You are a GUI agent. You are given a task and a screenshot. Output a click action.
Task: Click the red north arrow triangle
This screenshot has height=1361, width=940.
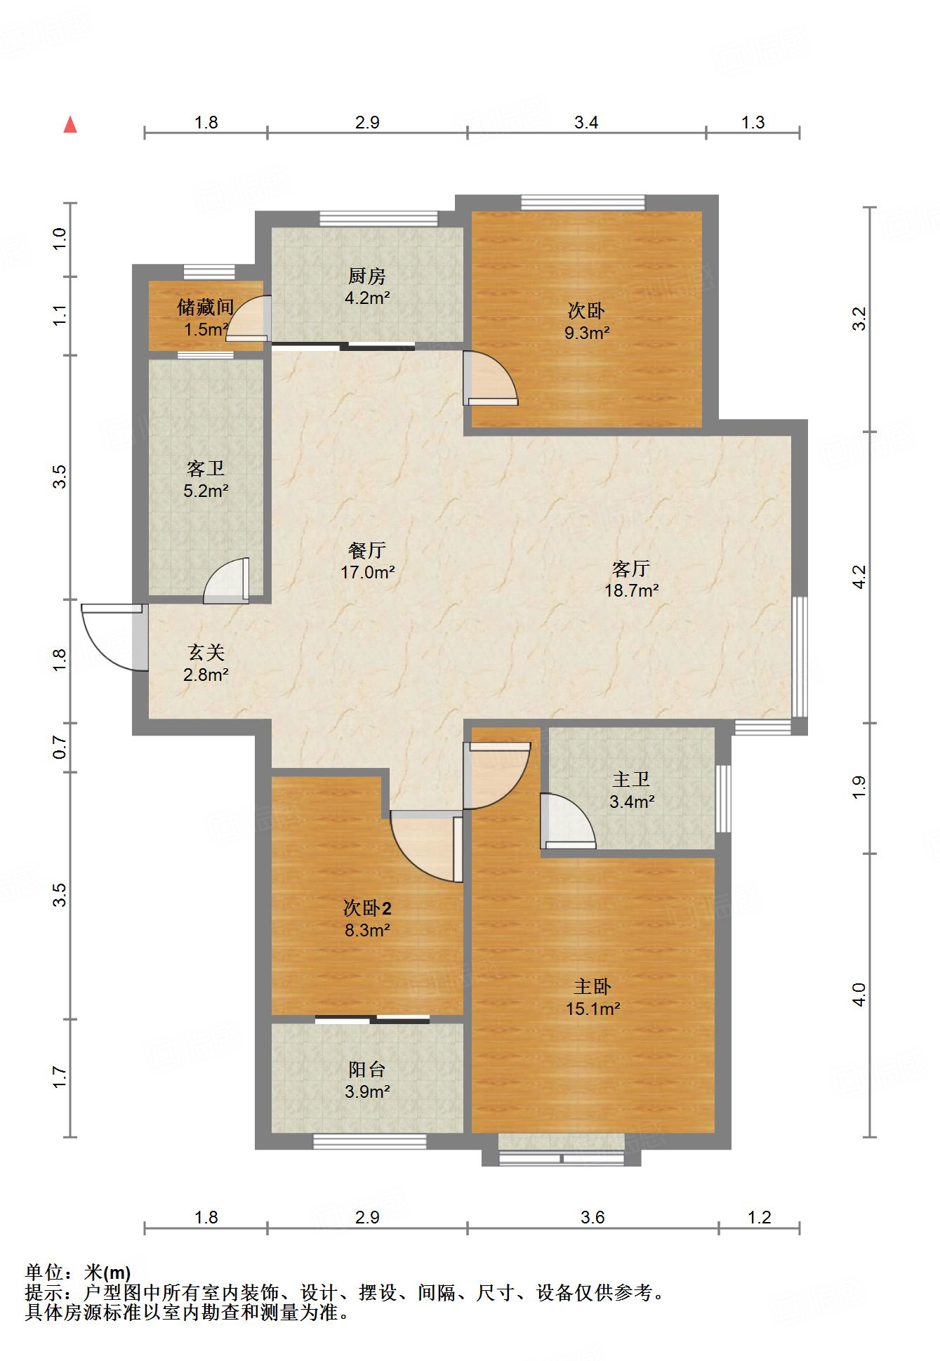[x=70, y=126]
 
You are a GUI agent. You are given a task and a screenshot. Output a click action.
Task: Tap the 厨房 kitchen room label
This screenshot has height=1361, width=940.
[x=367, y=276]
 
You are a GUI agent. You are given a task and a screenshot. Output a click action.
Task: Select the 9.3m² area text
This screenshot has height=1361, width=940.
[x=587, y=333]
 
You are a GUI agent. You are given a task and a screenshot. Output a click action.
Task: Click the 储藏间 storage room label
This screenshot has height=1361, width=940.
[x=205, y=307]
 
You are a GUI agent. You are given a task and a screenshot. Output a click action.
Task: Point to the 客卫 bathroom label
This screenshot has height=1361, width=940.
[x=205, y=468]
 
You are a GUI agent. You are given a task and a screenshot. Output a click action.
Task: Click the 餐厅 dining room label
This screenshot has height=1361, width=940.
[x=367, y=550]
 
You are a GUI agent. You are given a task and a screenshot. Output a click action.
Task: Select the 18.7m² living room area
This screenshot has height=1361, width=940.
[x=631, y=590]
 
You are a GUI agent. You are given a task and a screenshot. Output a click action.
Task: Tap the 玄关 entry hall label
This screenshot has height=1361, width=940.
[x=206, y=653]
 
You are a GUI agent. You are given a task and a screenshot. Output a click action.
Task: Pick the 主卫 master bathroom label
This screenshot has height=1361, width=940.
[x=631, y=779]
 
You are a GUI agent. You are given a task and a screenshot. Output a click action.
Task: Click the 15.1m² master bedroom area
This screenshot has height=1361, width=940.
[x=593, y=1009]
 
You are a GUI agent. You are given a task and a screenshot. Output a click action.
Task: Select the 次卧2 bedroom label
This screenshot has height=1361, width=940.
[x=367, y=908]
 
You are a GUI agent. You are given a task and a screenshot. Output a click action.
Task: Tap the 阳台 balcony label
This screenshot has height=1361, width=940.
[x=367, y=1069]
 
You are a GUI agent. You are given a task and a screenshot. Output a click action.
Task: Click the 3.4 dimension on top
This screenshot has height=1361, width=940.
[x=586, y=123]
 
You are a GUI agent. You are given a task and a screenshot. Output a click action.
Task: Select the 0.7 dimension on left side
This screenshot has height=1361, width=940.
[x=60, y=747]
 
